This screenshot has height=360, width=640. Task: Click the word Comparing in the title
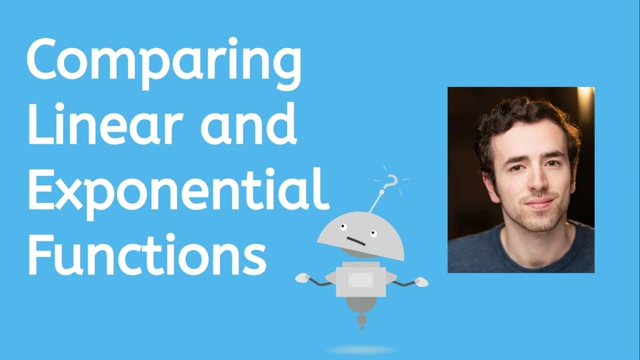[x=164, y=64]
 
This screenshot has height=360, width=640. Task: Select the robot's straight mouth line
[x=356, y=242]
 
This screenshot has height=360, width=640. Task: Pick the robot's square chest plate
[x=361, y=280]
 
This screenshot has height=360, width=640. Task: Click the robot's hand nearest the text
[x=302, y=277]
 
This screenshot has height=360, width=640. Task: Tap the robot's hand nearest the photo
[x=421, y=281]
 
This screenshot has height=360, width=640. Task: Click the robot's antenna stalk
[x=375, y=202]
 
